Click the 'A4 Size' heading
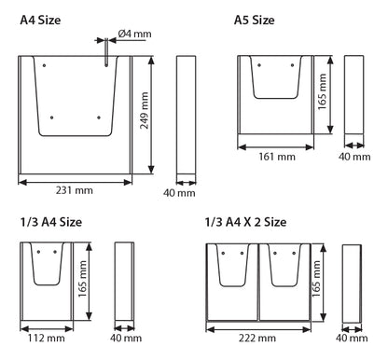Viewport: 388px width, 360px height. click(x=40, y=21)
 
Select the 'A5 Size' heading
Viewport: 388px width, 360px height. click(x=254, y=21)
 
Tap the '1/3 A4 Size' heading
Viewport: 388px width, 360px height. click(x=51, y=222)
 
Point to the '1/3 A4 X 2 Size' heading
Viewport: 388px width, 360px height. click(x=245, y=222)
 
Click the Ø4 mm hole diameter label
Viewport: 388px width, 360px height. click(x=134, y=34)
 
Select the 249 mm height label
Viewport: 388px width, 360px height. click(x=144, y=110)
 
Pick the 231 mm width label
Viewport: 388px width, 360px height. click(x=75, y=190)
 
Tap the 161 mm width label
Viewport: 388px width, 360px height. click(x=277, y=156)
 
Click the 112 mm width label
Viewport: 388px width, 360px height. click(x=47, y=338)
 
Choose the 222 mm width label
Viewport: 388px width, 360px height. click(x=257, y=338)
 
